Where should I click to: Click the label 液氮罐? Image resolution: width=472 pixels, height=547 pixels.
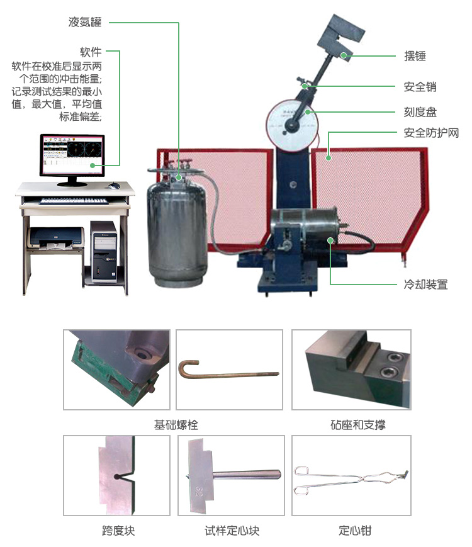point(85,23)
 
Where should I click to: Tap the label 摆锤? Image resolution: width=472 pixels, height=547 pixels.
point(415,56)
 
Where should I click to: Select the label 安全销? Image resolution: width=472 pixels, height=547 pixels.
point(419,87)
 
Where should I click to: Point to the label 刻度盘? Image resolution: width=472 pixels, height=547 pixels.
point(419,112)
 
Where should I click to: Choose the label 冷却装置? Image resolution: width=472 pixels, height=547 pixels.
point(426,285)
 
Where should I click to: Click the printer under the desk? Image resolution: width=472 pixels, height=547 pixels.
point(55,238)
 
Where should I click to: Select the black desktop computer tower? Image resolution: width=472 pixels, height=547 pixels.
point(103,251)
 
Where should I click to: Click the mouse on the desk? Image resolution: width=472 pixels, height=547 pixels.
point(114,186)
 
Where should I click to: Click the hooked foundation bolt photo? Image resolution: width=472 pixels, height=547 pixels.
point(230,369)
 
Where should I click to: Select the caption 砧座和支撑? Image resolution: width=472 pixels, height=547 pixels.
point(357,425)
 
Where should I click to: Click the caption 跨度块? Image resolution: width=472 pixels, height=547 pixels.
point(118,531)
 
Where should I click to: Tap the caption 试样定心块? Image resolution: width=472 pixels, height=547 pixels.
point(232,531)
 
